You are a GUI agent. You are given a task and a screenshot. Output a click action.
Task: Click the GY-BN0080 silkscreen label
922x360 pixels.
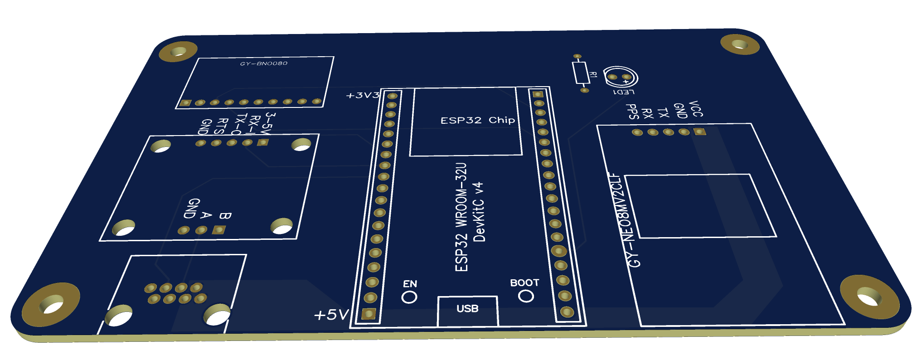click(263, 63)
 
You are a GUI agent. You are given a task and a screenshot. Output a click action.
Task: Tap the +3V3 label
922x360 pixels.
click(363, 95)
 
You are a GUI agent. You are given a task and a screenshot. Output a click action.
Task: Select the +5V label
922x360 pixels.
click(331, 315)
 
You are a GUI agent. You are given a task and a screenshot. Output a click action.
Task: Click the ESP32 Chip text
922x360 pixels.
click(477, 120)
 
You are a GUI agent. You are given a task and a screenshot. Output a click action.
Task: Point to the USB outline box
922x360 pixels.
click(467, 311)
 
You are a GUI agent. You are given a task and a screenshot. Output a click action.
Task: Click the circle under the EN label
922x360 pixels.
click(409, 297)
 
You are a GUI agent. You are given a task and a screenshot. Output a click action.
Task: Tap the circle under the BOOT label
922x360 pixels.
click(526, 296)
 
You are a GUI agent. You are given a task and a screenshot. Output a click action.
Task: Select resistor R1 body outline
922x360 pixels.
click(581, 73)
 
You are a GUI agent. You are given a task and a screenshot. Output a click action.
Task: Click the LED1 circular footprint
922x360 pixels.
click(620, 77)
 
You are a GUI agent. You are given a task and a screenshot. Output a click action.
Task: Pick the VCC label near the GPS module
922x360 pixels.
click(695, 109)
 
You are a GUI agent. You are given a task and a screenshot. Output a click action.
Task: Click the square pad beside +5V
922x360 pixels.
click(369, 313)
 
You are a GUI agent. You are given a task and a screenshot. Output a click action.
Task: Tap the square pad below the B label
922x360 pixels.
click(219, 230)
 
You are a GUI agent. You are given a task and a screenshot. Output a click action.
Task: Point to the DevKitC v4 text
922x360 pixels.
click(479, 212)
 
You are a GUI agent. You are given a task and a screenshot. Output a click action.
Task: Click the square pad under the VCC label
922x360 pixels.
click(699, 132)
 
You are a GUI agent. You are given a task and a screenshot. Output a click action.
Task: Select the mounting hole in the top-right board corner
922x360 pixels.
click(740, 44)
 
